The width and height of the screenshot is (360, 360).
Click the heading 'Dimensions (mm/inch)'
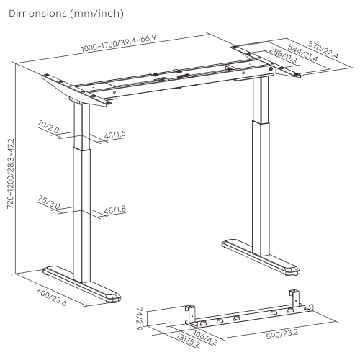[x=66, y=14]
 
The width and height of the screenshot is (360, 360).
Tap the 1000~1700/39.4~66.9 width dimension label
[x=119, y=43]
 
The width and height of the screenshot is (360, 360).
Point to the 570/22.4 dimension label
[x=323, y=50]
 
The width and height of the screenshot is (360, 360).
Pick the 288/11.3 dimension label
[x=283, y=55]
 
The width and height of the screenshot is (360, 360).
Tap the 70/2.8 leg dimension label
[x=48, y=127]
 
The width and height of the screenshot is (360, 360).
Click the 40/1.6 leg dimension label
[x=114, y=135]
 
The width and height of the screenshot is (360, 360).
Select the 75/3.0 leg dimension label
[x=49, y=202]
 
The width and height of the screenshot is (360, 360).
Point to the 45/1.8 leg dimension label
[x=114, y=210]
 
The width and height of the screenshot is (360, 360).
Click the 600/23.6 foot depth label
[x=51, y=297]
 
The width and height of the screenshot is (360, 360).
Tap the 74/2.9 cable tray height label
[x=140, y=319]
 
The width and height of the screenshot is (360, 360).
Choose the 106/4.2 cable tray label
[x=205, y=336]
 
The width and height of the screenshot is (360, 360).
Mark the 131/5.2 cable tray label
[x=188, y=340]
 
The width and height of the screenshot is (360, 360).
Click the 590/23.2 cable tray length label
[x=282, y=334]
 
